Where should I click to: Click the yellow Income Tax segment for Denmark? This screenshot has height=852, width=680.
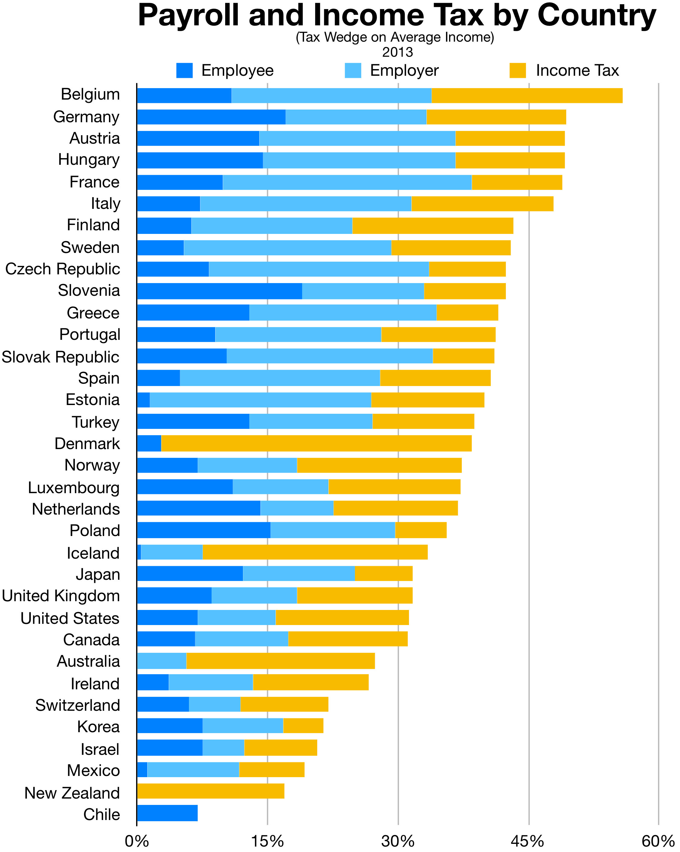click(316, 443)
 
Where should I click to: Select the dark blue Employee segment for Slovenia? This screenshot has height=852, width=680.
click(219, 291)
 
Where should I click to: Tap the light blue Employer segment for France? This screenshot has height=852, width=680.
click(347, 182)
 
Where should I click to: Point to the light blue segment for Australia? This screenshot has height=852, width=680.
click(161, 661)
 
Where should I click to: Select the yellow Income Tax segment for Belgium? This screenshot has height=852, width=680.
click(527, 96)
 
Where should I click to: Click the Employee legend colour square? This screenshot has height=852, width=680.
click(184, 70)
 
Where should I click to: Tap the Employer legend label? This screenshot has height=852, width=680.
click(404, 70)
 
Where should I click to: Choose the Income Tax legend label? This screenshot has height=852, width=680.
click(577, 70)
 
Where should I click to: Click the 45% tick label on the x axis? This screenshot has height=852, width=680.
click(529, 842)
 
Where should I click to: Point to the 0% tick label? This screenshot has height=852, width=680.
click(137, 842)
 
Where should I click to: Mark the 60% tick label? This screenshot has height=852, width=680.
click(658, 842)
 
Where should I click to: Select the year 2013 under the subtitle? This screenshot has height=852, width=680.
click(397, 52)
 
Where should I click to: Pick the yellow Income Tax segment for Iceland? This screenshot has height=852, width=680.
click(315, 552)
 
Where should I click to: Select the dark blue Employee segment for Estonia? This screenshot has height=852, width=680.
click(143, 400)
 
